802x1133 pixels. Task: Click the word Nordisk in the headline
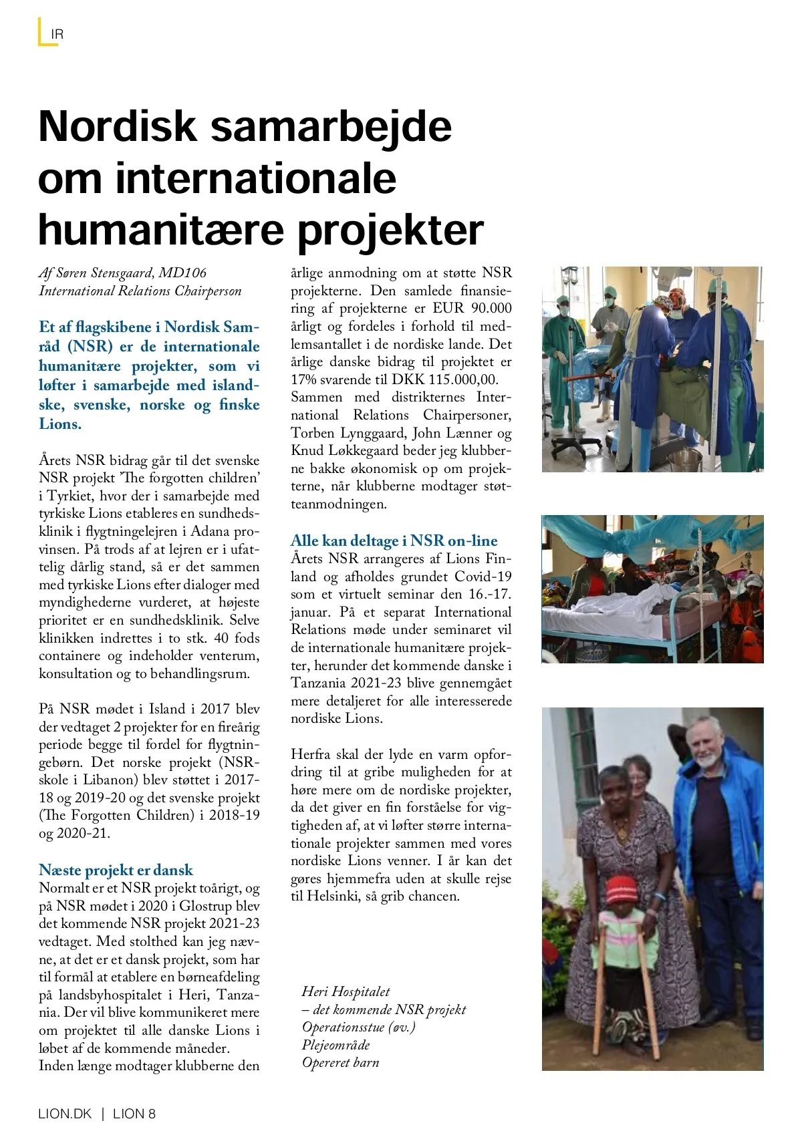click(118, 126)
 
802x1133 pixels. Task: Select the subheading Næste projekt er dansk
click(116, 870)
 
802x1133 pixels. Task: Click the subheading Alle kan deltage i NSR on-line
click(394, 540)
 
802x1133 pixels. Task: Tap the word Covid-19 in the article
click(483, 576)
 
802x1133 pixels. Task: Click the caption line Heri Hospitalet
click(346, 991)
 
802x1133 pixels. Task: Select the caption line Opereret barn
click(340, 1062)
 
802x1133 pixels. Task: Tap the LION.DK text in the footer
click(65, 1114)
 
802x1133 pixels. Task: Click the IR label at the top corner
click(57, 34)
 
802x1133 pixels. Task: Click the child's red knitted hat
click(620, 890)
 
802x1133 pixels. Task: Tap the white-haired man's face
click(707, 747)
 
